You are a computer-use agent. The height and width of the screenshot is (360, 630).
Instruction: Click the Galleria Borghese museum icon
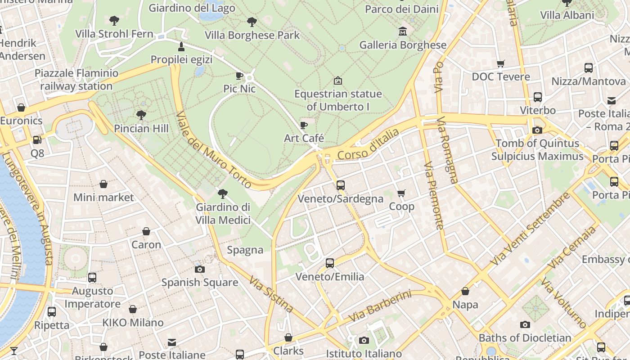pyautogui.click(x=402, y=31)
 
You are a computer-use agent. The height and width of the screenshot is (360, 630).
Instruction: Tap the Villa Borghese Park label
pyautogui.click(x=252, y=35)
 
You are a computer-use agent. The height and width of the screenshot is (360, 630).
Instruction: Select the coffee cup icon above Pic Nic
pyautogui.click(x=239, y=76)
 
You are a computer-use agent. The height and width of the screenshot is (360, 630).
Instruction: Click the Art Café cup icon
pyautogui.click(x=304, y=125)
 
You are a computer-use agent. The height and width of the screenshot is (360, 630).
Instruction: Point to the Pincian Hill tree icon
pyautogui.click(x=141, y=115)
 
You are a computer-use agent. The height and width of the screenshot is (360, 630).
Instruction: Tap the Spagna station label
pyautogui.click(x=245, y=250)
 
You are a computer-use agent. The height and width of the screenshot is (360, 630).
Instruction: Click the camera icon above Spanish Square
pyautogui.click(x=199, y=269)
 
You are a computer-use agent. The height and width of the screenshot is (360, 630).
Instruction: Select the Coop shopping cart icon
pyautogui.click(x=401, y=193)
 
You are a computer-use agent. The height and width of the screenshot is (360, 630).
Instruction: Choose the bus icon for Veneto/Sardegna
pyautogui.click(x=340, y=185)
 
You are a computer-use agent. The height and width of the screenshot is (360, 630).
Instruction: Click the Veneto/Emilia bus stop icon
pyautogui.click(x=330, y=263)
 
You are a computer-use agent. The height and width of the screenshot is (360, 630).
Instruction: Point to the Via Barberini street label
pyautogui.click(x=380, y=306)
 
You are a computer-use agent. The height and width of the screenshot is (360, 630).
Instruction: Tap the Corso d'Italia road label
pyautogui.click(x=368, y=144)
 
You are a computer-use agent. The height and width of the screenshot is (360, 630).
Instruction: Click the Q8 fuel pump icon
pyautogui.click(x=37, y=140)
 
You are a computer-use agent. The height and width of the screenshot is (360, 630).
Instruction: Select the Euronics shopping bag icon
pyautogui.click(x=21, y=108)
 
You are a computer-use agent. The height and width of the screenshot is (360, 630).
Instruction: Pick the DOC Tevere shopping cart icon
pyautogui.click(x=500, y=64)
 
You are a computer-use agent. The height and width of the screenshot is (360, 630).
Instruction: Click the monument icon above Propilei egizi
pyautogui.click(x=181, y=46)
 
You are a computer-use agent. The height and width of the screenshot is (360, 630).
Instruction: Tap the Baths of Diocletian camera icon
pyautogui.click(x=525, y=324)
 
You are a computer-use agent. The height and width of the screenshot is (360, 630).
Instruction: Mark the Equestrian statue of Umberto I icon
pyautogui.click(x=337, y=81)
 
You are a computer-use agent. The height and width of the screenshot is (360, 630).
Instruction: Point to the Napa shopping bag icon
pyautogui.click(x=465, y=292)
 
